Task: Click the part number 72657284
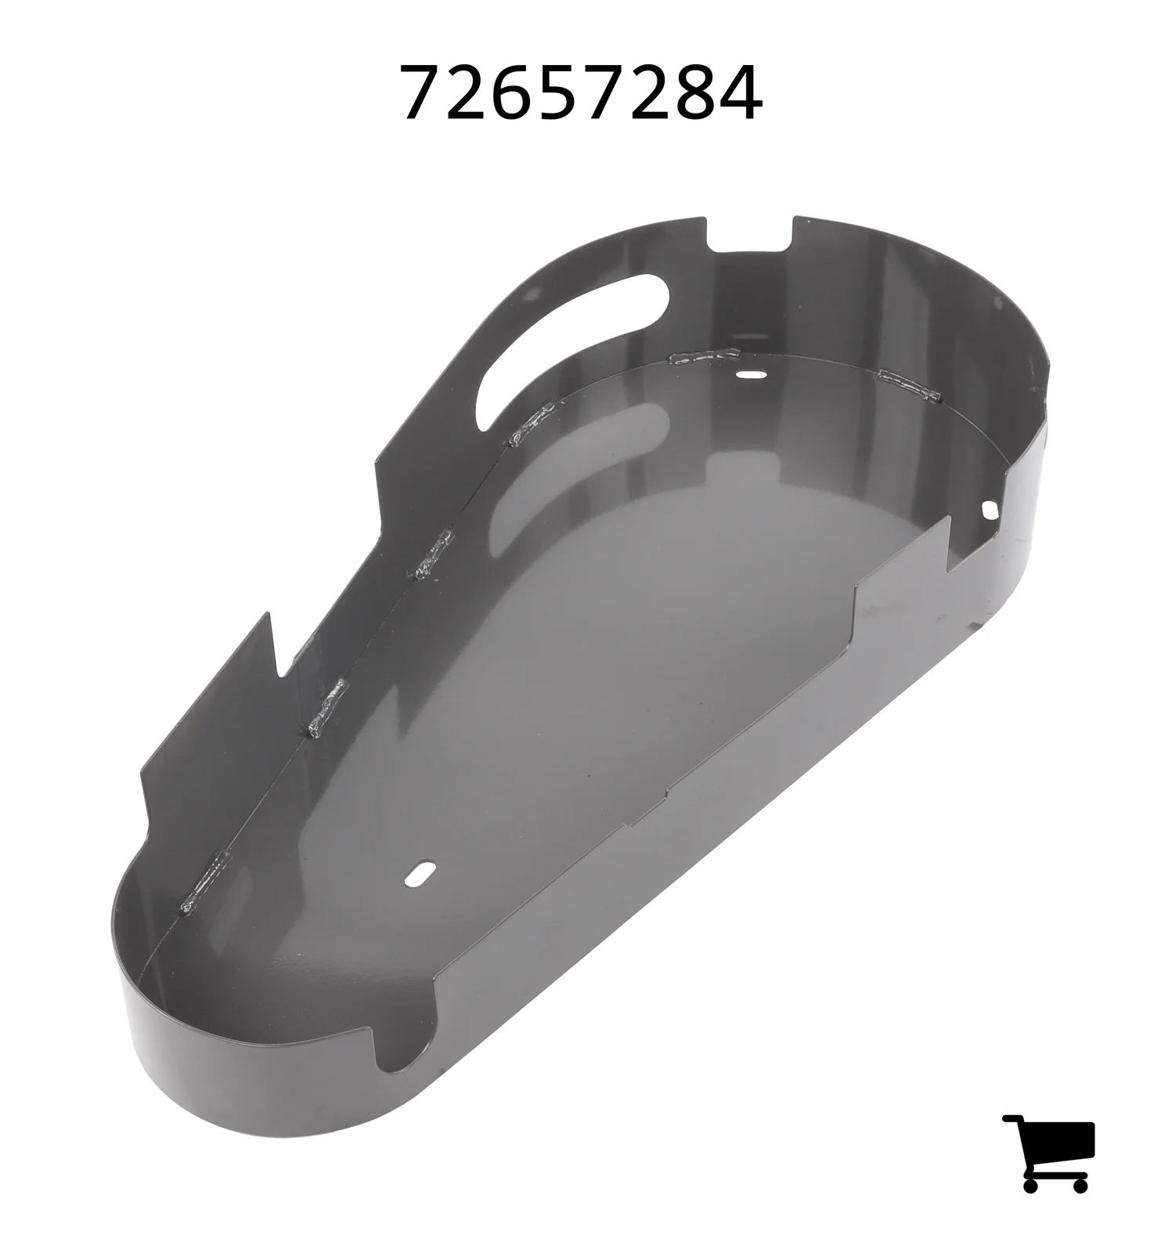pyautogui.click(x=581, y=92)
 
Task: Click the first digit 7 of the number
pyautogui.click(x=422, y=92)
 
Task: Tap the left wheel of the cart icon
pyautogui.click(x=1031, y=1184)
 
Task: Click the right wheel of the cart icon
pyautogui.click(x=1080, y=1184)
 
